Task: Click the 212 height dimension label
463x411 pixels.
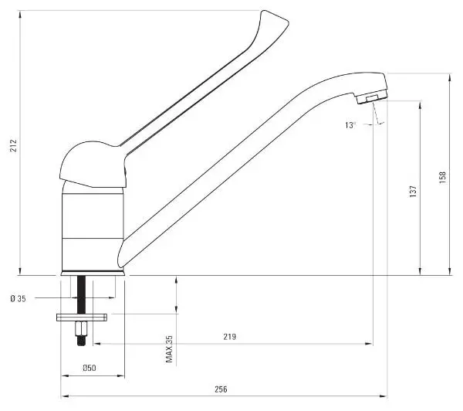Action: click(14, 145)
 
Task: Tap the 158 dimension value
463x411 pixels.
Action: click(443, 178)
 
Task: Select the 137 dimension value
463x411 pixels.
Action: click(413, 192)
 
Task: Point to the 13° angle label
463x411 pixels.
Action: click(350, 125)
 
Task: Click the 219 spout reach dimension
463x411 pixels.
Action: click(230, 337)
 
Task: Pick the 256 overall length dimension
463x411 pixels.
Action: click(221, 389)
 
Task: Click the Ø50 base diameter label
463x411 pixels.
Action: click(90, 368)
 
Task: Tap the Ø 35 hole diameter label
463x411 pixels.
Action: click(19, 299)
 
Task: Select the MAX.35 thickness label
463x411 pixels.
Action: click(169, 349)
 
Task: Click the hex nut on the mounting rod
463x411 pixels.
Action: click(81, 328)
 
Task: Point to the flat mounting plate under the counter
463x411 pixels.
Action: click(82, 318)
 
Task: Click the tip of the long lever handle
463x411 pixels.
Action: click(288, 22)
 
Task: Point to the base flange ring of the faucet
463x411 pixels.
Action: click(93, 273)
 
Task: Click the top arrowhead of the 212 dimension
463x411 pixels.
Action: click(20, 14)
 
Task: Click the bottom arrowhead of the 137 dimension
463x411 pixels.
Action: click(421, 272)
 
